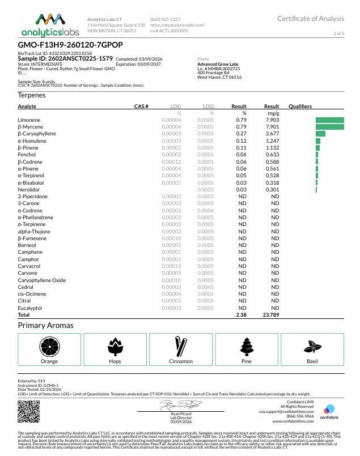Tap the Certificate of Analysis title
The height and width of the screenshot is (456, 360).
point(310,19)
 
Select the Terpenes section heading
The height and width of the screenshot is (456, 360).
point(32,95)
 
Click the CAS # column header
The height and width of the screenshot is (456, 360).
point(141,106)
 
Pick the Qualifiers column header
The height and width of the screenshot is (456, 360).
point(300,106)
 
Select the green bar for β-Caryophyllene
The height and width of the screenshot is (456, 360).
point(320,134)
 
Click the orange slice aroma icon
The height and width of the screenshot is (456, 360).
point(49,346)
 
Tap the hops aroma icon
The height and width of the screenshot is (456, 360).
point(115,346)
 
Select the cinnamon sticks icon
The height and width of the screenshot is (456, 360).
point(181,346)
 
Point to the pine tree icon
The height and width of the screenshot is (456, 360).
point(247,346)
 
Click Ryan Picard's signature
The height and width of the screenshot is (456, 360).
point(180,404)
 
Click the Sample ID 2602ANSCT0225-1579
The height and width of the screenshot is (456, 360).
point(65,58)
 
